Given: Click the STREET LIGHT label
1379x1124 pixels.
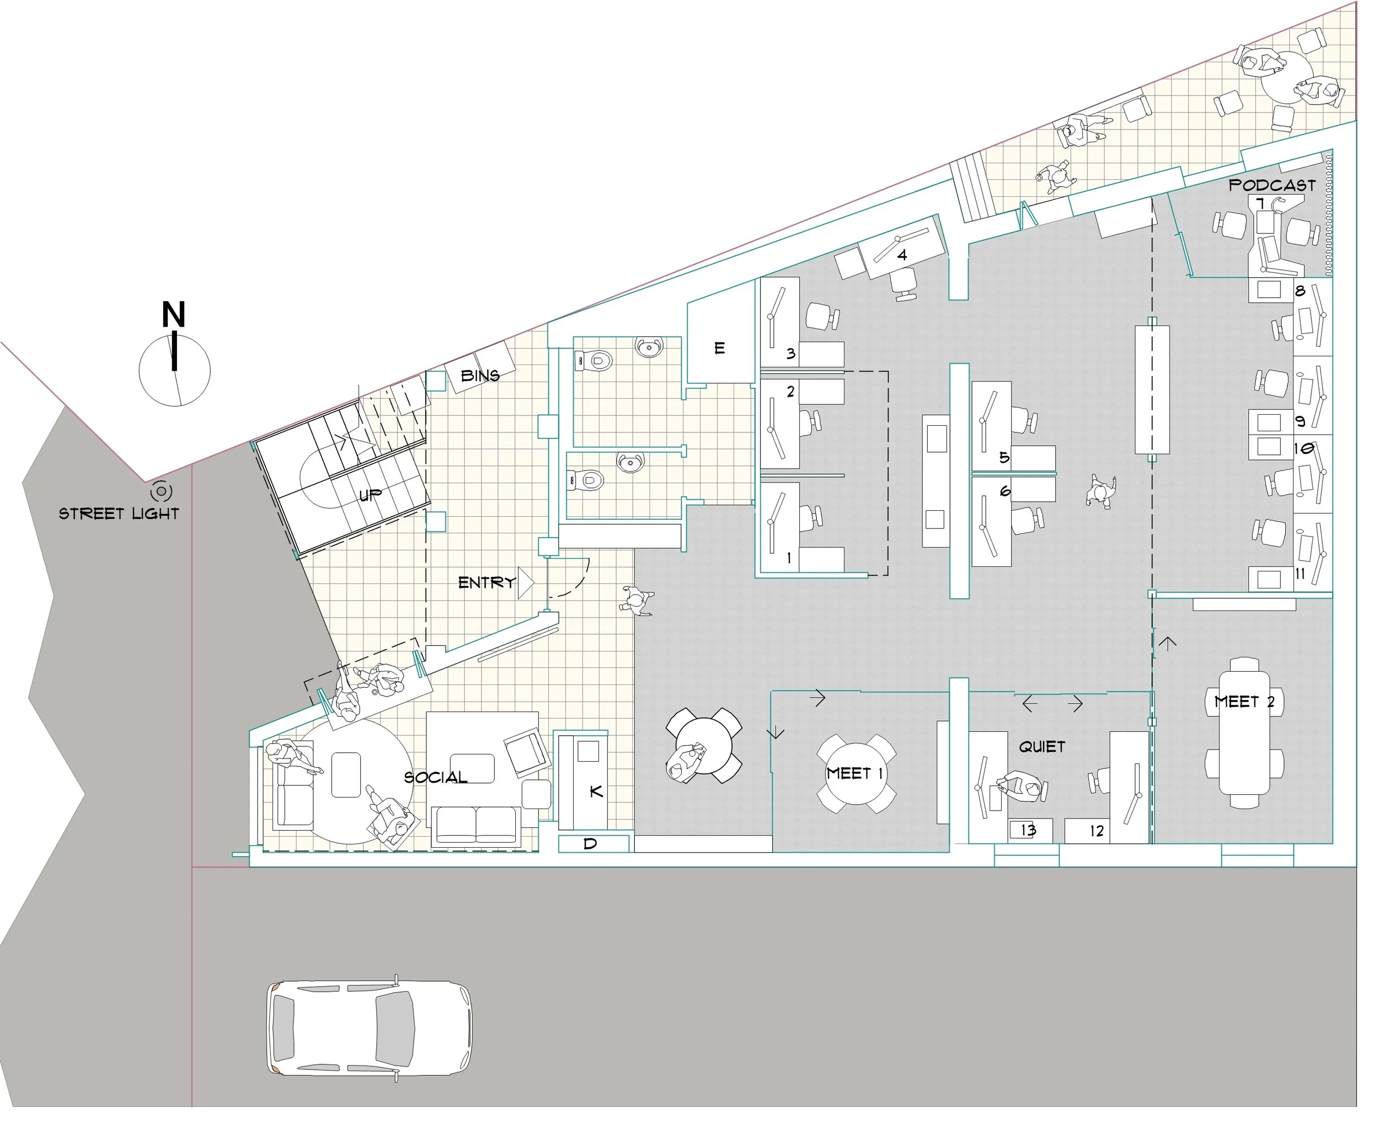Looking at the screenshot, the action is click(x=119, y=513).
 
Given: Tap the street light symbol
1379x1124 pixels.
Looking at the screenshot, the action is click(x=161, y=491).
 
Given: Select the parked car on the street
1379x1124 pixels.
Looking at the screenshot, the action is click(x=370, y=1028).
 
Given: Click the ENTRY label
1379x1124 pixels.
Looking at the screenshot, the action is click(x=487, y=583).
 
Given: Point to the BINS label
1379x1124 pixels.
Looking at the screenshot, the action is click(x=480, y=376).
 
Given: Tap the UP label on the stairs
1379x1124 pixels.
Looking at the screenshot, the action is click(x=370, y=495).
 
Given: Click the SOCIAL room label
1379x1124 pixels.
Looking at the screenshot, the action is click(x=436, y=777).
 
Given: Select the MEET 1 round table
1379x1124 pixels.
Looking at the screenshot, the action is click(x=856, y=773).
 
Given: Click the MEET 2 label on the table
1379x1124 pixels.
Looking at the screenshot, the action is click(x=1244, y=701).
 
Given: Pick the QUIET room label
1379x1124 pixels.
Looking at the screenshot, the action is click(x=1041, y=747).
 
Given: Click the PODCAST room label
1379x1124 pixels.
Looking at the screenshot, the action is click(x=1272, y=185).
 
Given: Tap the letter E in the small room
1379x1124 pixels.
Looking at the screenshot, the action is click(x=719, y=349).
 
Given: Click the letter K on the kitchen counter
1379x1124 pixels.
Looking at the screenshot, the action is click(x=596, y=791).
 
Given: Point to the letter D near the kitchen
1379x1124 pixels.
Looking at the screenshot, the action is click(x=590, y=844).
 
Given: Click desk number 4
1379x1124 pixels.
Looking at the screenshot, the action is click(x=902, y=255).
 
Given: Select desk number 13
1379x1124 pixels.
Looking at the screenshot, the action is click(x=1028, y=830).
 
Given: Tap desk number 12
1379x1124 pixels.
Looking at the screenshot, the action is click(x=1096, y=831).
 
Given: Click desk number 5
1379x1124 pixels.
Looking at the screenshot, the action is click(x=1004, y=458).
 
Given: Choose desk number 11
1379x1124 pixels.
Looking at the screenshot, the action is click(x=1300, y=574).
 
